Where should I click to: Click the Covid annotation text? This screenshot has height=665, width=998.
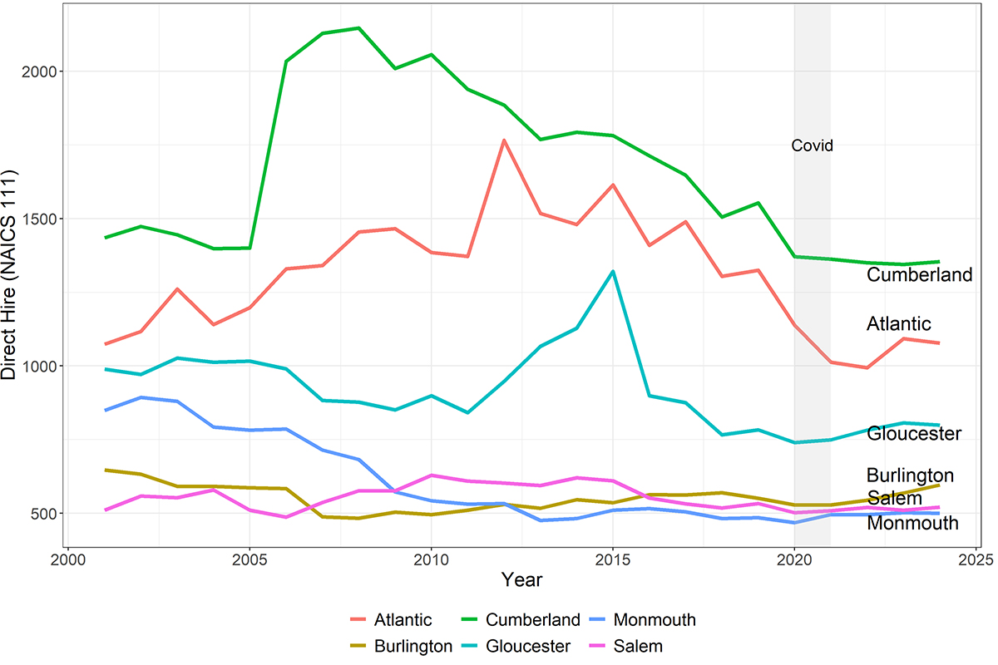812,145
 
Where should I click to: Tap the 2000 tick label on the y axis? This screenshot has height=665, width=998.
39,71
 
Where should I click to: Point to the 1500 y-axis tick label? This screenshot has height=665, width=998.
39,219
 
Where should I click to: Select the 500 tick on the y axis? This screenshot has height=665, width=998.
44,514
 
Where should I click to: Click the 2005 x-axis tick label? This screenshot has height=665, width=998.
249,560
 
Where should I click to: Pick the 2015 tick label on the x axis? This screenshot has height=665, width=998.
613,560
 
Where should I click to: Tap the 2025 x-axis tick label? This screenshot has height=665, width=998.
976,560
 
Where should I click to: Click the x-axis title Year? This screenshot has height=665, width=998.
521,580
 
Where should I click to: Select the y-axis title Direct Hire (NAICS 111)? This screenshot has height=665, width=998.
8,274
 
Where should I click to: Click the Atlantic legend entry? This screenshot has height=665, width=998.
391,619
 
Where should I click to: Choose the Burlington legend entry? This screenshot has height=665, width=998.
402,646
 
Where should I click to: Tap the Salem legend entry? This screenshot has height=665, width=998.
626,646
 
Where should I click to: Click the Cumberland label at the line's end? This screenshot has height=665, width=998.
919,275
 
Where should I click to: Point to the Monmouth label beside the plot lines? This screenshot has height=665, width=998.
912,523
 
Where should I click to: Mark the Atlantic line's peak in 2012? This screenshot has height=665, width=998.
503,140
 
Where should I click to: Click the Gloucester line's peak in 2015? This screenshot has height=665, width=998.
613,271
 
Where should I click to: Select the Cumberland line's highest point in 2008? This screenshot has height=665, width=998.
358,28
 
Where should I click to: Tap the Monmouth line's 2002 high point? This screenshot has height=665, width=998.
141,397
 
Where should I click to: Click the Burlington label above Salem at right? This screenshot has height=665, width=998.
910,475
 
